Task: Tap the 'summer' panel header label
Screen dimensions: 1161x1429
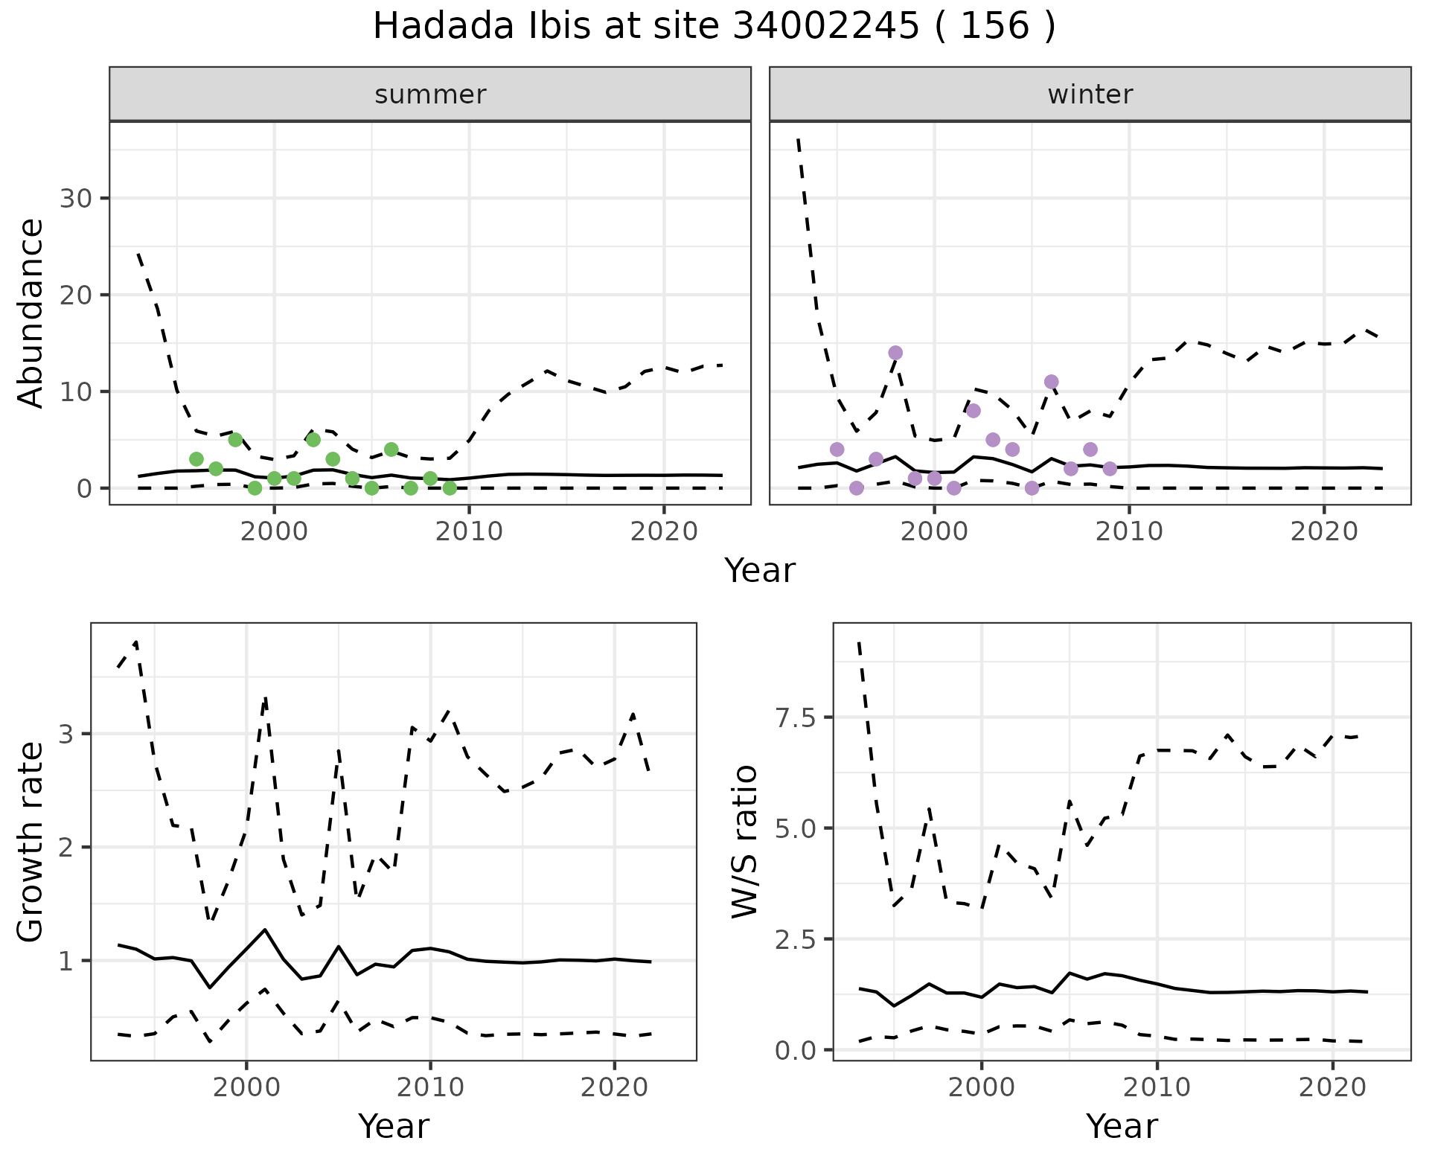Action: (x=430, y=95)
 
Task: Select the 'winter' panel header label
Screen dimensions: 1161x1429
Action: (x=1090, y=95)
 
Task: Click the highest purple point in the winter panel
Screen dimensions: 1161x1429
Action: (x=895, y=353)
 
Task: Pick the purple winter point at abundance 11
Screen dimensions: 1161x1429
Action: (x=1051, y=382)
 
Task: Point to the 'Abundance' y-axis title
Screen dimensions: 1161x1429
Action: (x=31, y=313)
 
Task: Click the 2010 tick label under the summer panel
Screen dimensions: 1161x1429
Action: (x=469, y=531)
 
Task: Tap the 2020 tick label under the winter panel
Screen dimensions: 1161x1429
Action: (x=1324, y=531)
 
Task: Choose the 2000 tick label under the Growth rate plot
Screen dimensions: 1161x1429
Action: (x=246, y=1087)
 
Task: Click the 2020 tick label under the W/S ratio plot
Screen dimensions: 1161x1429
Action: (x=1332, y=1087)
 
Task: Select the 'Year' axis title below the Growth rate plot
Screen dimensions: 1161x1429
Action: (x=394, y=1126)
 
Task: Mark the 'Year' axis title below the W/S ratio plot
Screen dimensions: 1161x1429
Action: (x=1122, y=1126)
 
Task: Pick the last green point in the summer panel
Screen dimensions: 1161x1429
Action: (x=450, y=488)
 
